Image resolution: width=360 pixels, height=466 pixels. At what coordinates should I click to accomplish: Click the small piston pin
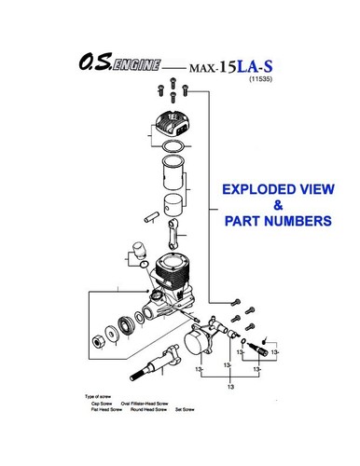[x=147, y=218]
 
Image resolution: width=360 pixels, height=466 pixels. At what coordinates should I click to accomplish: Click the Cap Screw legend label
[x=106, y=404]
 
